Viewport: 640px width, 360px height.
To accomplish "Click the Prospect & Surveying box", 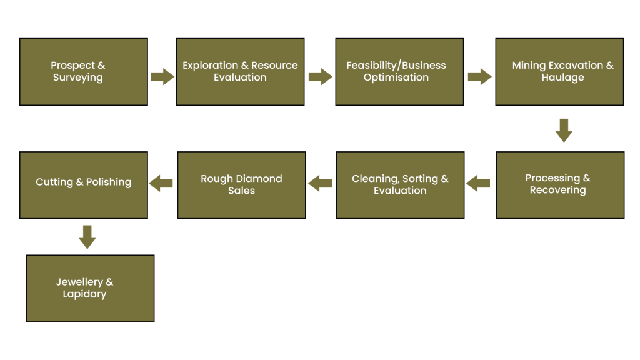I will point(83,71).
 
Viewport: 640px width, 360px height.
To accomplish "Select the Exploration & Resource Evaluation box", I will point(240,71).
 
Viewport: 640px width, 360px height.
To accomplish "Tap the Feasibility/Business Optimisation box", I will point(399,71).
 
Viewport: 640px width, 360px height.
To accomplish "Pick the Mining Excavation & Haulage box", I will point(559,71).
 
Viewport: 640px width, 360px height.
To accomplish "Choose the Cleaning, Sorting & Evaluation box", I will point(400,184).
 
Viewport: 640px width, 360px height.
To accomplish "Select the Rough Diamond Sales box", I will point(241,184).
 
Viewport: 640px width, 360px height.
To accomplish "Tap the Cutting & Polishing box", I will point(83,184).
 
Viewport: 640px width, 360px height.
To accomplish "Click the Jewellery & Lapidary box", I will point(90,288).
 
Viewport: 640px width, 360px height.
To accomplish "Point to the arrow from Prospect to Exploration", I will point(162,77).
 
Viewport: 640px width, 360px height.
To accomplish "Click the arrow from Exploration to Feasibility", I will point(320,77).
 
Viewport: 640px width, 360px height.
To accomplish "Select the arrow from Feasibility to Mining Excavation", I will point(479,77).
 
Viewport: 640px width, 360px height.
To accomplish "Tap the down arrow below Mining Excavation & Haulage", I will point(564,130).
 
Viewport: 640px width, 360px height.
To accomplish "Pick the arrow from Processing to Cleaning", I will point(479,184).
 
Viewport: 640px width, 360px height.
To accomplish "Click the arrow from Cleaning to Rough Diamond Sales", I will point(321,184).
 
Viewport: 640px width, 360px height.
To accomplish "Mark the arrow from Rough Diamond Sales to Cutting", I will point(161,184).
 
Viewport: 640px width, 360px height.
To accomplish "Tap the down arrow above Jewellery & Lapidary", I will point(87,237).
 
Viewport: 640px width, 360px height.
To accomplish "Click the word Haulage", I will point(562,77).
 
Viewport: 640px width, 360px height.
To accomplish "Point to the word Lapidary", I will point(84,294).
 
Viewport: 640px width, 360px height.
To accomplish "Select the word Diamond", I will point(261,179).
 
